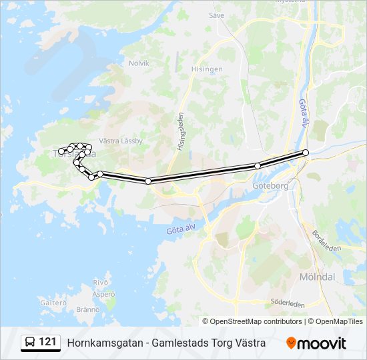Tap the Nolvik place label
139,63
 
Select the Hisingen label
208,69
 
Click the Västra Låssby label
121,141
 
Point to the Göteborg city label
270,186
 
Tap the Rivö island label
101,282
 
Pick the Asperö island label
103,294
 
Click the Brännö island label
89,309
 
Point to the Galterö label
54,302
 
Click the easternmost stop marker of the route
306,153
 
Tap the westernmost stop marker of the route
61,151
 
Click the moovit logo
316,343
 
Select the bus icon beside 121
30,343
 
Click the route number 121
47,342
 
